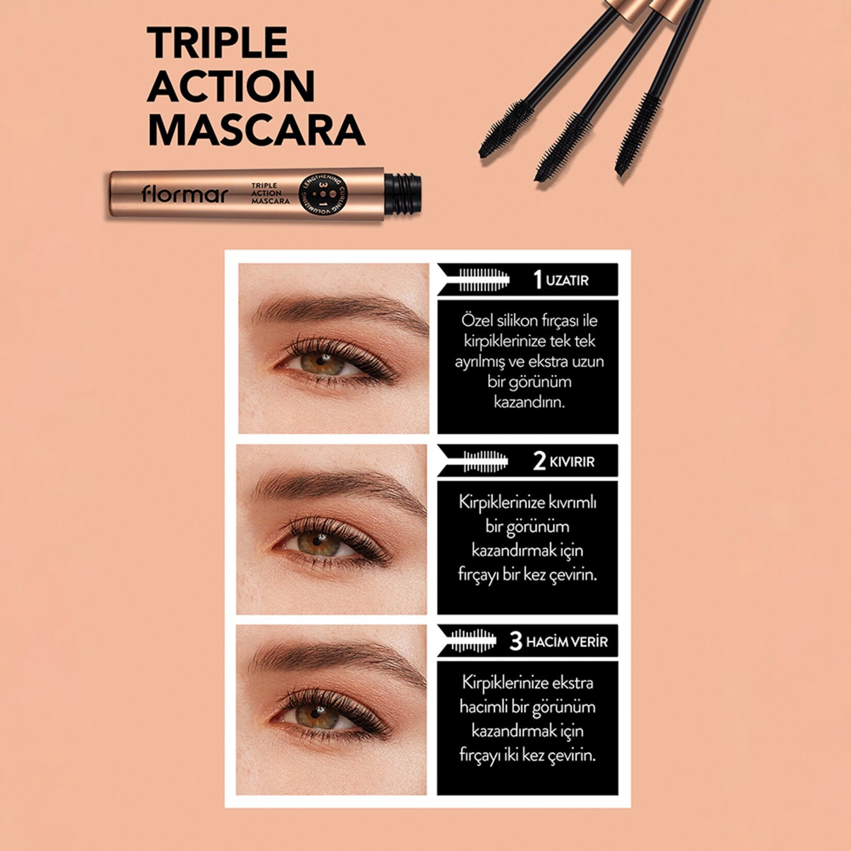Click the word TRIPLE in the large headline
click(217, 43)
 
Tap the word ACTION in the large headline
click(231, 86)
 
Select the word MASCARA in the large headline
click(256, 130)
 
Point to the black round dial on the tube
click(323, 194)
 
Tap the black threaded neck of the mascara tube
click(403, 194)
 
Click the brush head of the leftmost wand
click(505, 129)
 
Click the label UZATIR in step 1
click(567, 281)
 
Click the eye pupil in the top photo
click(321, 362)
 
